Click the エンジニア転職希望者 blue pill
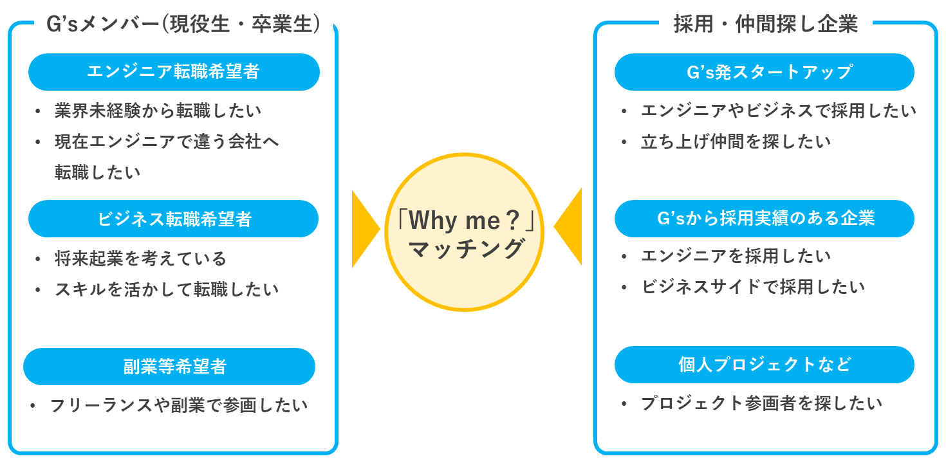(174, 72)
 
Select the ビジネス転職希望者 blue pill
(174, 219)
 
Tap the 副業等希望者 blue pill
(169, 367)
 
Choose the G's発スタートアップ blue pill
(764, 72)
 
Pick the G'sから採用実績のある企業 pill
(764, 219)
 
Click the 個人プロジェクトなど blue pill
(764, 365)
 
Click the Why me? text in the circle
(467, 221)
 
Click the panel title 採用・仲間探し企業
(766, 24)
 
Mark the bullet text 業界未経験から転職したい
(158, 111)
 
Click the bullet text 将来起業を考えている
(141, 259)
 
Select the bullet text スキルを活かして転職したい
(167, 289)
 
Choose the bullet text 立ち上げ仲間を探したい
(736, 141)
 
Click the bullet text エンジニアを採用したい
(736, 256)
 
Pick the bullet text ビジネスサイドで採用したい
(753, 286)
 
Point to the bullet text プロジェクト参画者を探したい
(761, 403)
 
